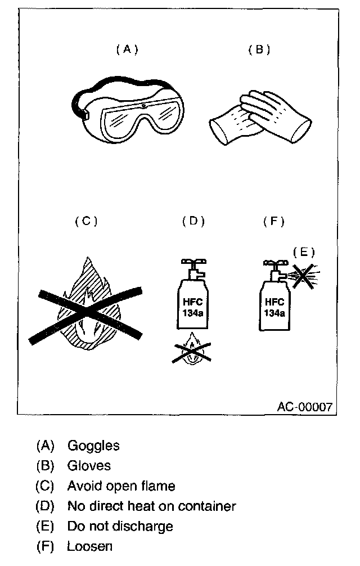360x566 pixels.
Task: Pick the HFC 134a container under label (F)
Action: [x=274, y=304]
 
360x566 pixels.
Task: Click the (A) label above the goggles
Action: [x=127, y=49]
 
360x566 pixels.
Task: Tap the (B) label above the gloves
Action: [x=259, y=50]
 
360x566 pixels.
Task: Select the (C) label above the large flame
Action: [x=86, y=221]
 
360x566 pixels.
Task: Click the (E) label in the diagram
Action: [x=304, y=251]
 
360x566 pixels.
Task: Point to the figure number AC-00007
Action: [x=304, y=406]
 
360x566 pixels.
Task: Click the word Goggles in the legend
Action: [x=93, y=446]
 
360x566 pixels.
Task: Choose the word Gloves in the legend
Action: [x=89, y=465]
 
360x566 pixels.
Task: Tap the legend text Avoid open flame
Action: [x=121, y=486]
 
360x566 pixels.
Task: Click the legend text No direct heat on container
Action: [x=151, y=506]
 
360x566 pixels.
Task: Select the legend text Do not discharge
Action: [x=120, y=526]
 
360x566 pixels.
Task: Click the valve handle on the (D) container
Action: [x=192, y=262]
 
